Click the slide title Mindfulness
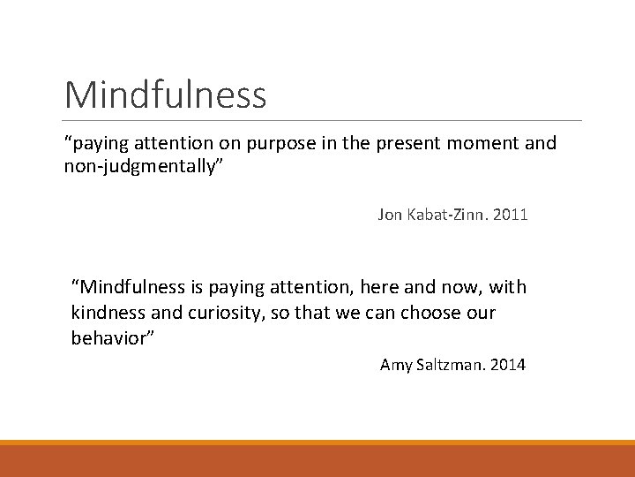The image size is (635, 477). (165, 95)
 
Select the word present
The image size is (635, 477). (410, 143)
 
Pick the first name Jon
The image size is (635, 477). (389, 215)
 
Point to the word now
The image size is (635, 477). (465, 287)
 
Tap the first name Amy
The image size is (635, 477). (395, 364)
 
